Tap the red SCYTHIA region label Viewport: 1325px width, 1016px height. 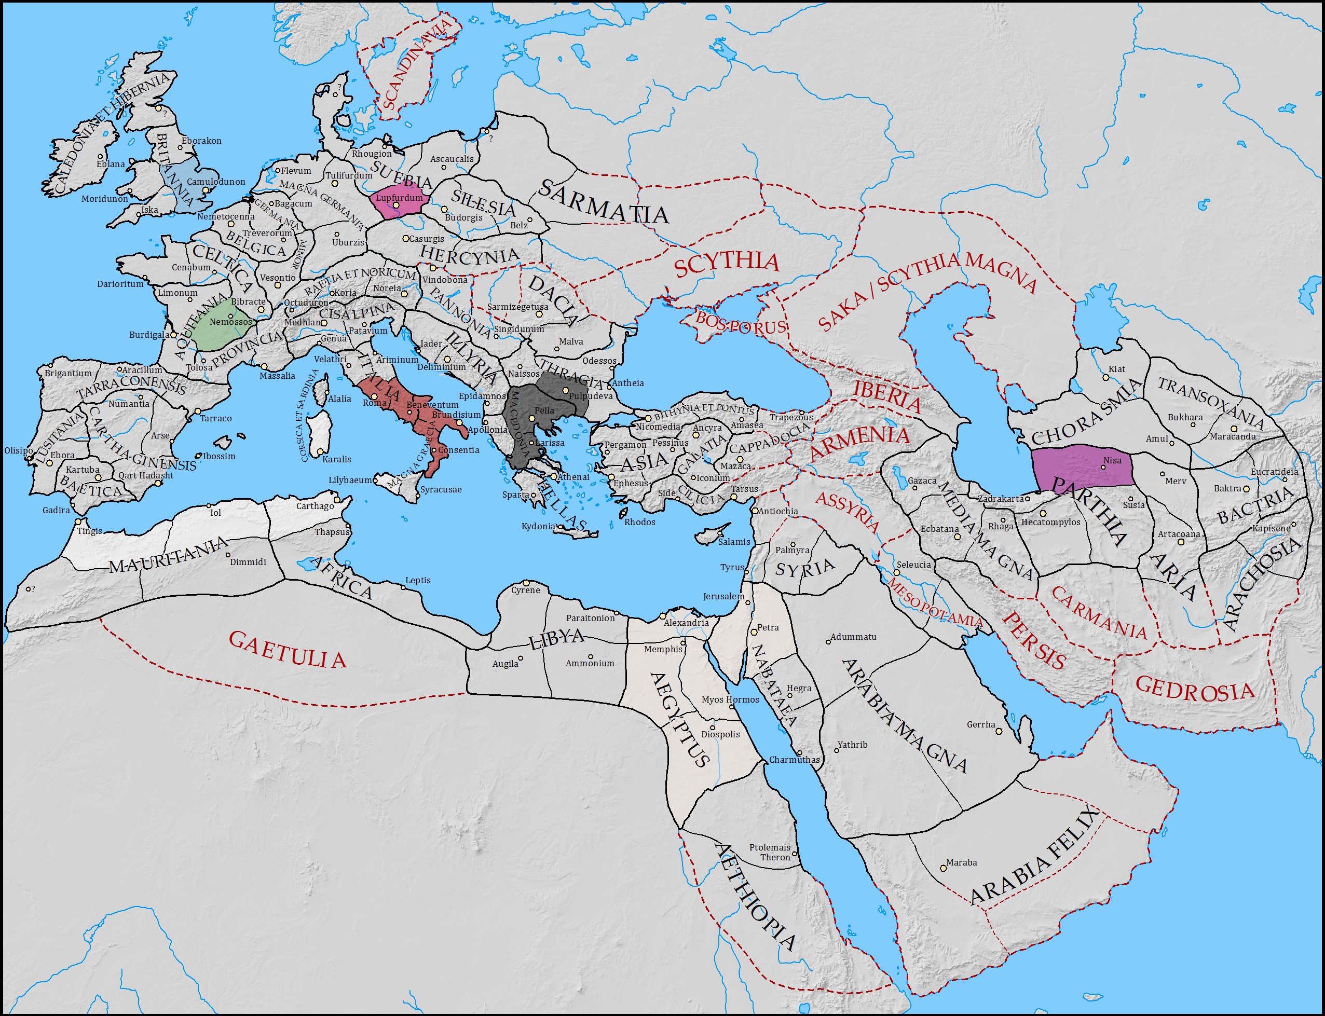[726, 264]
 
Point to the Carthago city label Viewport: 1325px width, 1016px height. [315, 505]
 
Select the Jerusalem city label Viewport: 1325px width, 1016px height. [723, 596]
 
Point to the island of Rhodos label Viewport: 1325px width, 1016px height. [639, 522]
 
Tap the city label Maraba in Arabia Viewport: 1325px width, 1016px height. [961, 862]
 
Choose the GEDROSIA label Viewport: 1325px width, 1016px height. [1194, 689]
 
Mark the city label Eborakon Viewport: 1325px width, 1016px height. [201, 141]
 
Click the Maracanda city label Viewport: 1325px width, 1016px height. [1233, 436]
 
